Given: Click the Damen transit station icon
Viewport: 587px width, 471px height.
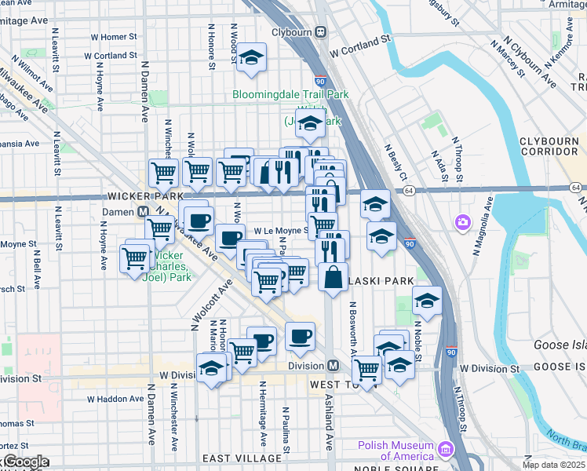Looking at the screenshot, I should [x=144, y=211].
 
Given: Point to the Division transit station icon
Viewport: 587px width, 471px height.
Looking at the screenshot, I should [x=333, y=366].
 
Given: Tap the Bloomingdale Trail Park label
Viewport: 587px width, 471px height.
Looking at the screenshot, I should [x=290, y=95].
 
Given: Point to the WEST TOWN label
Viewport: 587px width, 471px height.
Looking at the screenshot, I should [x=336, y=384].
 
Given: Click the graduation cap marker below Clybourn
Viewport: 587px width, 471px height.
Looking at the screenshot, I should [x=251, y=57].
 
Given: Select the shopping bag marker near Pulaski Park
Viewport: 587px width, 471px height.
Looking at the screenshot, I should [x=334, y=277].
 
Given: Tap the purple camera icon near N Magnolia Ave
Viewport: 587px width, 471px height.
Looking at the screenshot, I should [x=461, y=223].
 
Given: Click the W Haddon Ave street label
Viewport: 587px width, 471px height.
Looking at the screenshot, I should [x=115, y=399].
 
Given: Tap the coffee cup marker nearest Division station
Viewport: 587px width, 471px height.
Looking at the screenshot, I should [x=300, y=337].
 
